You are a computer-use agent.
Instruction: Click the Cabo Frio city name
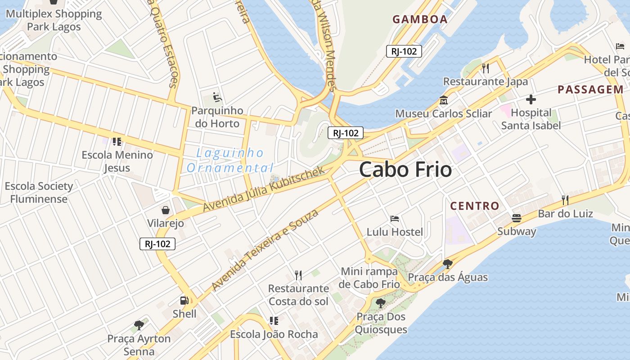(405, 170)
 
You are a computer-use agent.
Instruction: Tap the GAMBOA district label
(420, 19)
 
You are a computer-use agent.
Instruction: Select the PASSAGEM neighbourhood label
(590, 90)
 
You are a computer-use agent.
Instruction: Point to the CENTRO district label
(475, 206)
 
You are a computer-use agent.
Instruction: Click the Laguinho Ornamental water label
(230, 161)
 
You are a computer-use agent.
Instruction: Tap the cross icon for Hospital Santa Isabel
(531, 99)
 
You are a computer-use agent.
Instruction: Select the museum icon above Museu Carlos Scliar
(443, 100)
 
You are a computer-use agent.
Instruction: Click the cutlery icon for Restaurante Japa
(485, 68)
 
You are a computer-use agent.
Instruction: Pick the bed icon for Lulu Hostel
(395, 219)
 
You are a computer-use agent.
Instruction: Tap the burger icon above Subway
(517, 218)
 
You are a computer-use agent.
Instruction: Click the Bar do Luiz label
(566, 213)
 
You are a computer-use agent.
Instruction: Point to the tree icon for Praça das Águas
(447, 264)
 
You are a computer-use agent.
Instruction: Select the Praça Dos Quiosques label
(381, 323)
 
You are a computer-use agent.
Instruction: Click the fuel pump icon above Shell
(184, 300)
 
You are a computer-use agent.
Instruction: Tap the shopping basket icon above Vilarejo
(166, 210)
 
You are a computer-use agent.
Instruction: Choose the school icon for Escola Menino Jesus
(117, 142)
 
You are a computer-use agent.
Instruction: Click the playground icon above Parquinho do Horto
(217, 97)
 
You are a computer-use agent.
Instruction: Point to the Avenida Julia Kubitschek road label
(263, 189)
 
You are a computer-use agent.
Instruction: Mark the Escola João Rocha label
(274, 334)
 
